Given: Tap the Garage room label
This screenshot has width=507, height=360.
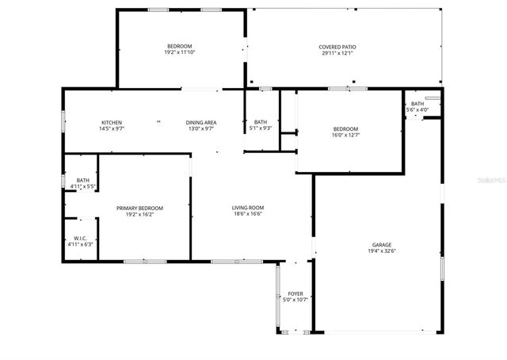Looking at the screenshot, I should click(x=382, y=245).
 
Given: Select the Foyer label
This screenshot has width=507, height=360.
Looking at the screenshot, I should click(x=295, y=293).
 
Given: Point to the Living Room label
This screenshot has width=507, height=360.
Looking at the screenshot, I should click(x=248, y=208).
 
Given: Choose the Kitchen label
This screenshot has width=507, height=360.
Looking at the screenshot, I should click(x=111, y=122).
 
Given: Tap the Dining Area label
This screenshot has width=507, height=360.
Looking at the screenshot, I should click(x=201, y=122).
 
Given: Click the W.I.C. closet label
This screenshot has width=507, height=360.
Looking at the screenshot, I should click(x=80, y=238).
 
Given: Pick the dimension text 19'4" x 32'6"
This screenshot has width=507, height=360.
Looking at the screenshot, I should click(x=382, y=251).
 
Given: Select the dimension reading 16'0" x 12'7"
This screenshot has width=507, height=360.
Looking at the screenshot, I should click(x=345, y=135).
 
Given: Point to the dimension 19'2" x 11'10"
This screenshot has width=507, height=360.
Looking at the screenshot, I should click(x=180, y=52).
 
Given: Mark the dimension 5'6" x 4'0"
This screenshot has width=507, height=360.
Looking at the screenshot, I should click(x=417, y=109).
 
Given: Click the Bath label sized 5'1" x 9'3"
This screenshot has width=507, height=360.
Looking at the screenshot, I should click(x=261, y=122).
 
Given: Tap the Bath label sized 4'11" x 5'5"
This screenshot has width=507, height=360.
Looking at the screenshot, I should click(x=83, y=181).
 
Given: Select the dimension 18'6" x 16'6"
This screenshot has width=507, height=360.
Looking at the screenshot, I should click(x=248, y=214).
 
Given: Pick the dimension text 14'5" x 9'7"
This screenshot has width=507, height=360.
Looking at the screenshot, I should click(x=111, y=128).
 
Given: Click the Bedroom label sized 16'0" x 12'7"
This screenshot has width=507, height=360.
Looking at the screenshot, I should click(x=345, y=129).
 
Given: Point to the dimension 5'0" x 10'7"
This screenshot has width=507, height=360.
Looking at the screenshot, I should click(x=295, y=300).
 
